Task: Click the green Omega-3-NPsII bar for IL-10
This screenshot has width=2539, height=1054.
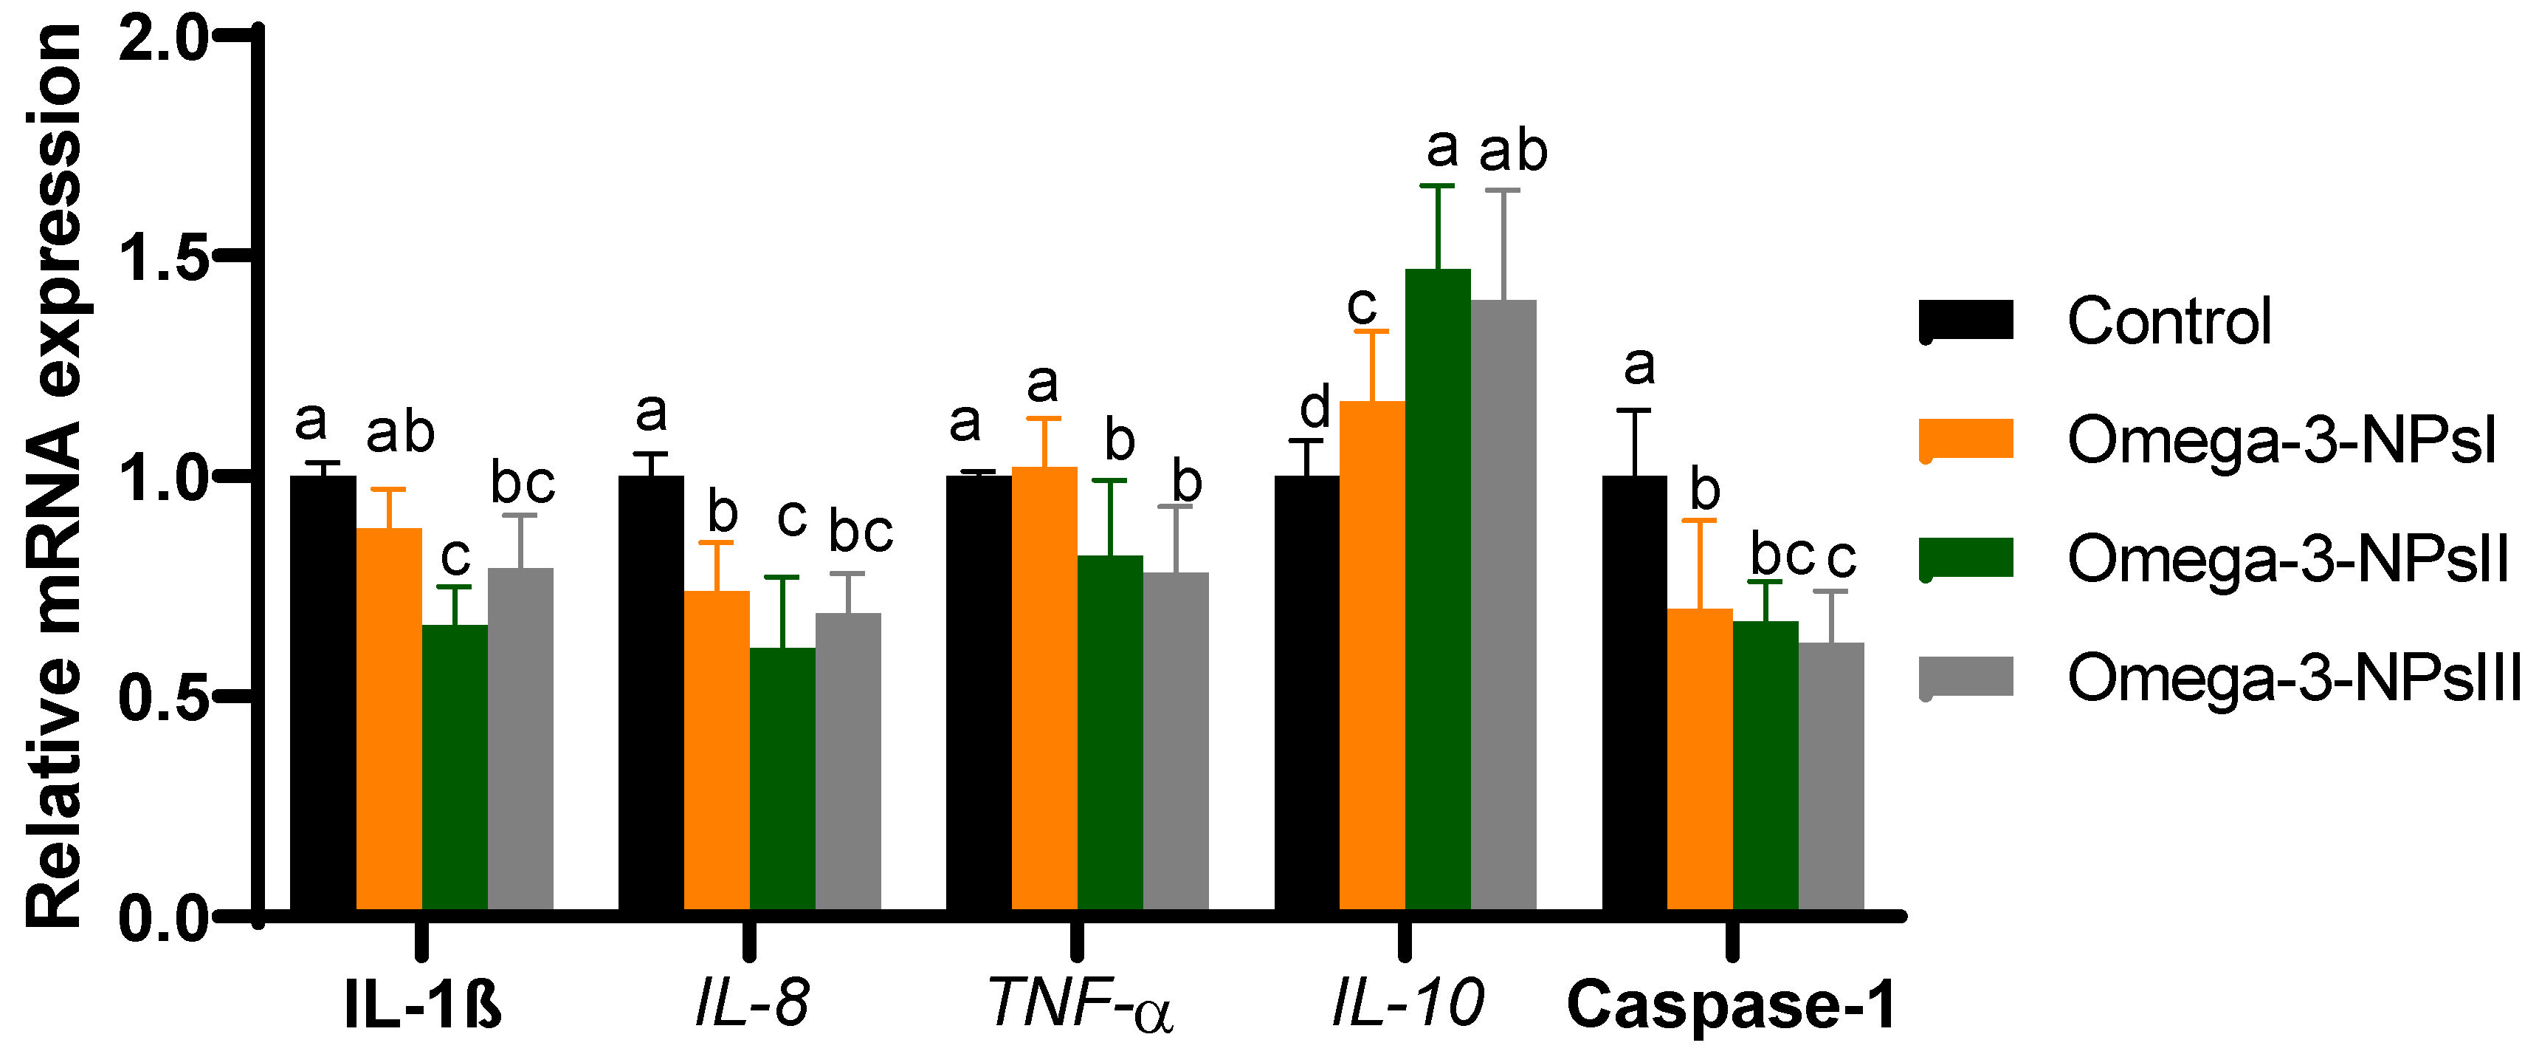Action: (x=1437, y=592)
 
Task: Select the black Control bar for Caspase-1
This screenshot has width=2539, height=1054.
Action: (x=1634, y=690)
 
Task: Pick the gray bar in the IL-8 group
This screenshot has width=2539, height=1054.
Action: (x=847, y=759)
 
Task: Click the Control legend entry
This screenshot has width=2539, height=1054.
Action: (x=2168, y=321)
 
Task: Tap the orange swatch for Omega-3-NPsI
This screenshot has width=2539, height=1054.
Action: (x=1966, y=439)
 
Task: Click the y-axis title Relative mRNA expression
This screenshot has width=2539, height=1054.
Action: (x=54, y=473)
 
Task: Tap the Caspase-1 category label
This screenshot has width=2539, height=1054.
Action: (x=1731, y=1006)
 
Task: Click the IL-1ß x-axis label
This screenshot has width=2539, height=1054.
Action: (x=423, y=1006)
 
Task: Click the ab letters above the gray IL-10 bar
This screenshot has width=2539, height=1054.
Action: (x=1513, y=150)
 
